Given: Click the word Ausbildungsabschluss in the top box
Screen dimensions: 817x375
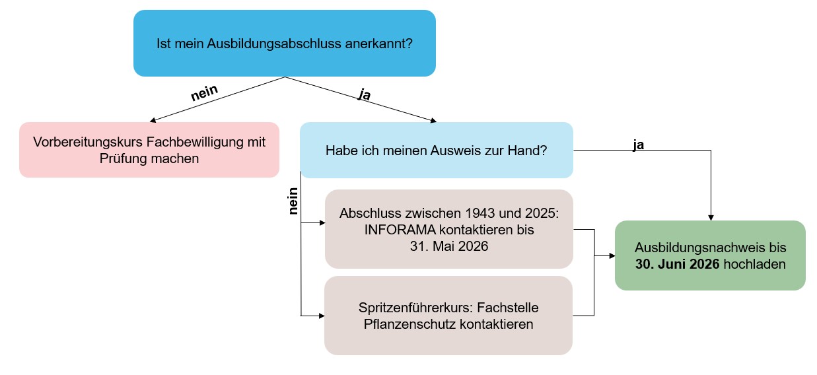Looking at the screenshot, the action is point(274,44).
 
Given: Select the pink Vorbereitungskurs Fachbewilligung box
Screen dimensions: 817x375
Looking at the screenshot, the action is point(149,150).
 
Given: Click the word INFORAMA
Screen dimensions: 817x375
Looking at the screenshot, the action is point(400,230).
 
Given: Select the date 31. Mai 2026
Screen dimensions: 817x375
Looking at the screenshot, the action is point(449,246).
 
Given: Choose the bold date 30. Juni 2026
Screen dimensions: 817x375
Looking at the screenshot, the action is point(677,264).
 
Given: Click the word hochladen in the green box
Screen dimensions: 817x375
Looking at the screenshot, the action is point(755,264).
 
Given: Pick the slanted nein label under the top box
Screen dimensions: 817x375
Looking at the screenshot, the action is point(204,92).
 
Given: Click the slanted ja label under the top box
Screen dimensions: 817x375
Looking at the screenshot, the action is point(365,94).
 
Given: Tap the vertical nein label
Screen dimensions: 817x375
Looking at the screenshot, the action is point(293,201).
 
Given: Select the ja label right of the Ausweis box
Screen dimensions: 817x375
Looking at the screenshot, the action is point(638,145).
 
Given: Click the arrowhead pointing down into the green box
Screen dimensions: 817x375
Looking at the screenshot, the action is point(711,218).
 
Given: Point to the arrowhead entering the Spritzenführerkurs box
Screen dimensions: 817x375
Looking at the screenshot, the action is point(322,316).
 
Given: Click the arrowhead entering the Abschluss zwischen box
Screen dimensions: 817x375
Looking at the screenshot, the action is point(322,222).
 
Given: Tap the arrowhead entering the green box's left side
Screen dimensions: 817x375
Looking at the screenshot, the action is point(612,256).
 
